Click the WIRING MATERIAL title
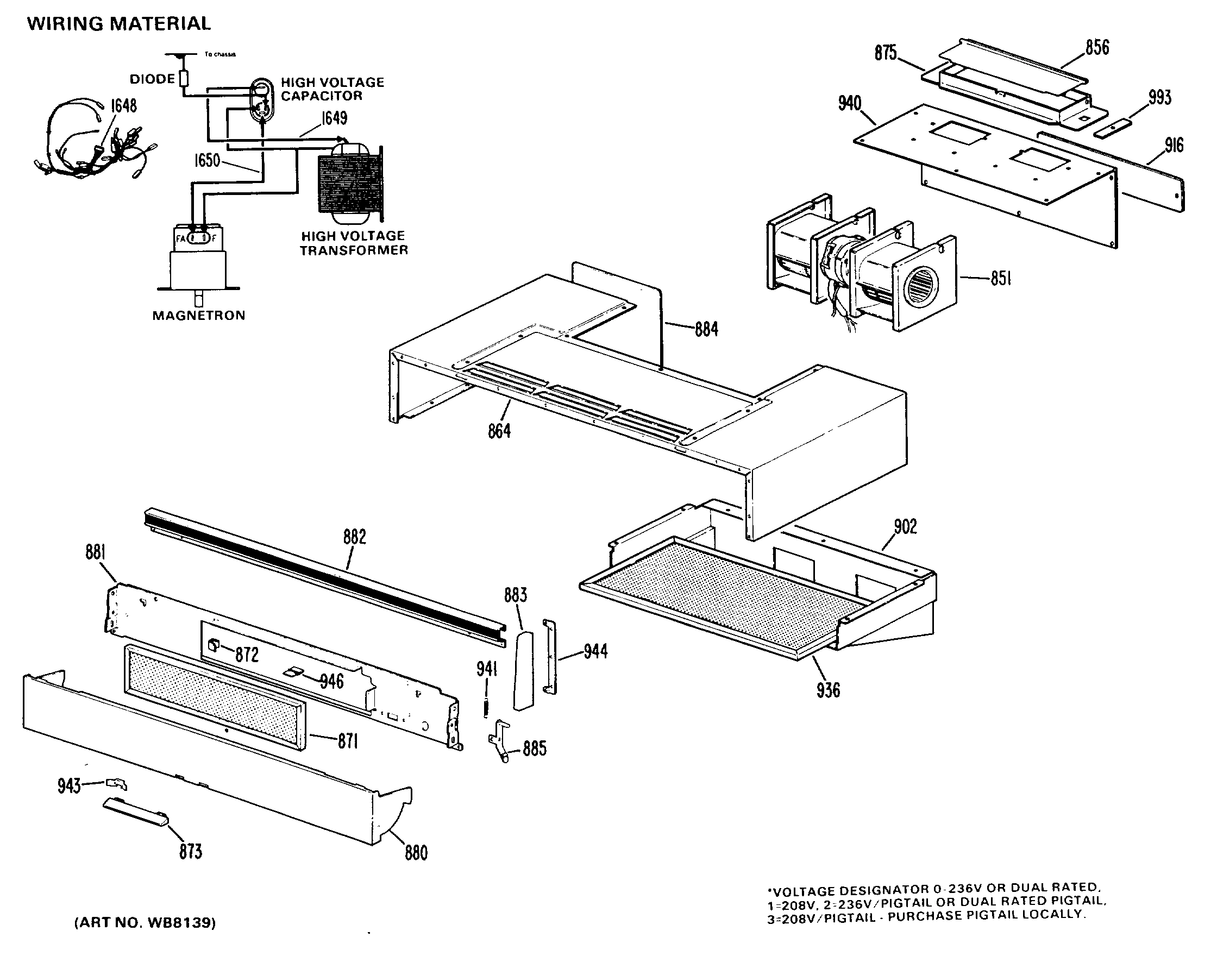click(x=118, y=23)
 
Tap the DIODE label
click(x=152, y=79)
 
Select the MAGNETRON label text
click(x=199, y=315)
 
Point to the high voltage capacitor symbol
click(x=261, y=99)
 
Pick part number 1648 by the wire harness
click(x=123, y=105)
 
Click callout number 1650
click(x=206, y=161)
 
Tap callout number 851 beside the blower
click(x=1000, y=278)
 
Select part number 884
click(x=706, y=329)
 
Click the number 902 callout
click(x=905, y=527)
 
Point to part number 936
click(x=828, y=690)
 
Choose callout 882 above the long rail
click(x=354, y=537)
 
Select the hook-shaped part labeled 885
click(x=500, y=741)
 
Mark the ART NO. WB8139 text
click(x=145, y=922)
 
